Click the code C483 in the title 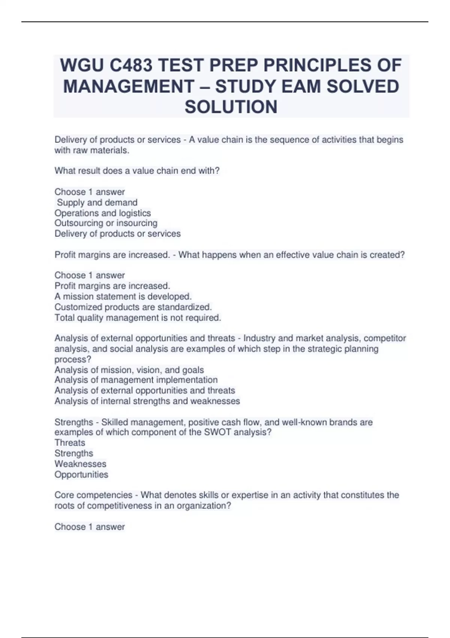coord(131,66)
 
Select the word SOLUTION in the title coord(231,107)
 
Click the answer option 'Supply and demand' coord(97,203)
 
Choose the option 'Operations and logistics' coord(103,213)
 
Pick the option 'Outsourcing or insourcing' coord(106,223)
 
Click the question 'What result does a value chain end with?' coord(137,171)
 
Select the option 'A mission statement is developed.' coord(123,296)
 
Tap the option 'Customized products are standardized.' coord(133,307)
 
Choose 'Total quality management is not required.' coord(138,318)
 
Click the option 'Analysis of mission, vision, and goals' coord(129,370)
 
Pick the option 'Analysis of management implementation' coord(136,380)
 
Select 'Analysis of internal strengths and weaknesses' coord(147,401)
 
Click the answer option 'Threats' coord(70,443)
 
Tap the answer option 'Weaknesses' coord(80,464)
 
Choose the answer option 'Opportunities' coord(81,475)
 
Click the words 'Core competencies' coord(93,495)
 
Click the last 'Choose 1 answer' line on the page coord(90,527)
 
